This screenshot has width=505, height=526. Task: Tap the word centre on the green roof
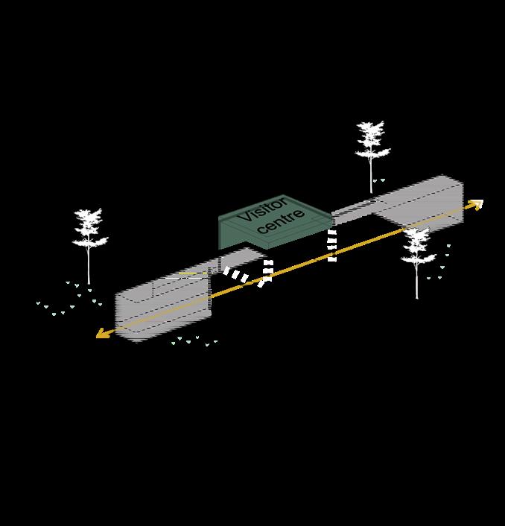[281, 222]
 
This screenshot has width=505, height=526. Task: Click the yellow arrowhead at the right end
[477, 203]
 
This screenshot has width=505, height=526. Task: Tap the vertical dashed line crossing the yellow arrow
[332, 246]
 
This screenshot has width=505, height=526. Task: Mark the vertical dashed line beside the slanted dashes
[267, 271]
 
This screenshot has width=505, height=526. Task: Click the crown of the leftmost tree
[89, 228]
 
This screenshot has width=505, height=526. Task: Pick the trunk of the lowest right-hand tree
[417, 283]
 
